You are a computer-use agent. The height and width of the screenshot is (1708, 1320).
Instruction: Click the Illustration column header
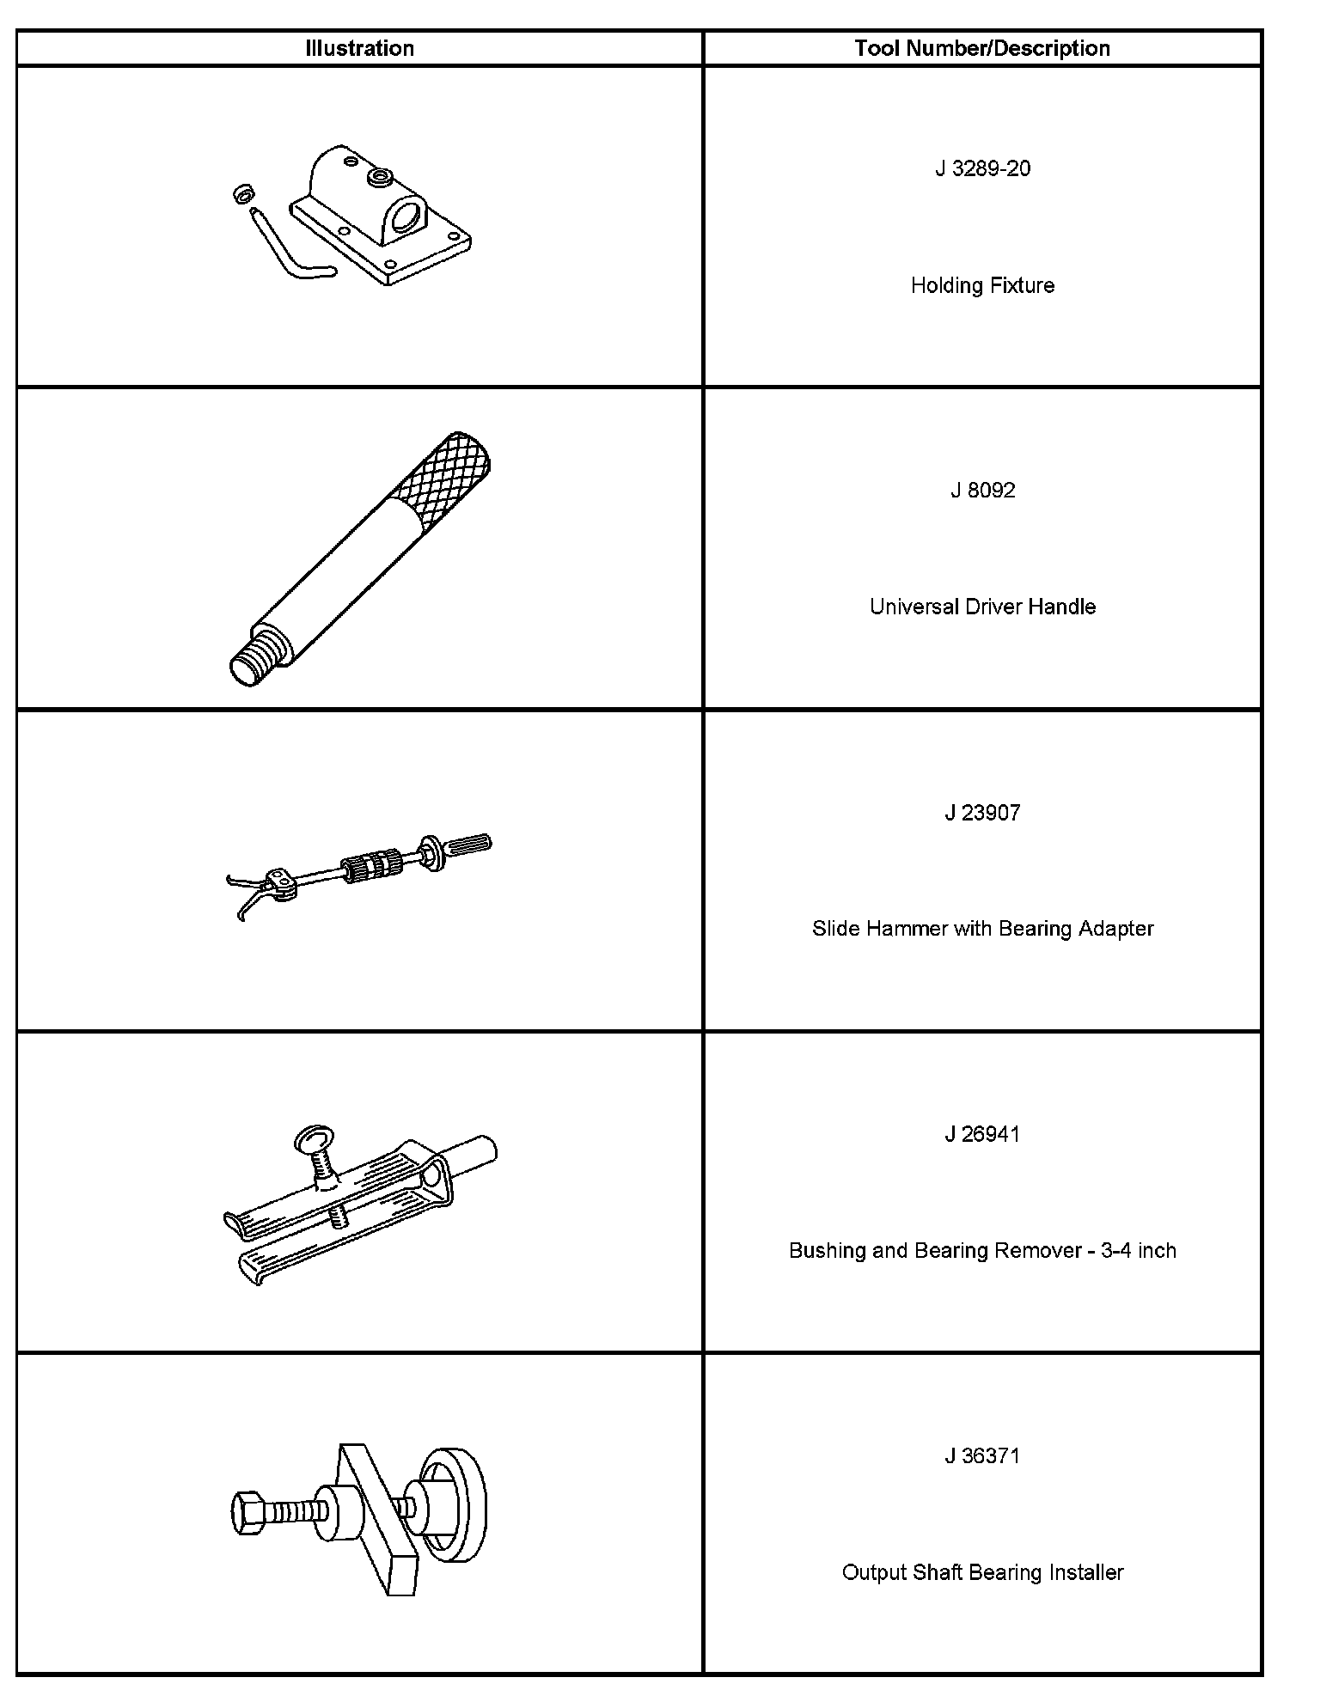coord(359,48)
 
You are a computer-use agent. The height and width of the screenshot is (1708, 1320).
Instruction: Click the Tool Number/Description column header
coord(982,48)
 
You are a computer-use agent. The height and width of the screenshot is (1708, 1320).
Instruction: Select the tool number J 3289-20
coord(982,168)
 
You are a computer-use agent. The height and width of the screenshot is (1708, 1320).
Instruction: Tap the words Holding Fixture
coord(982,285)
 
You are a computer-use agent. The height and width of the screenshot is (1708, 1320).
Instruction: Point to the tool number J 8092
coord(982,491)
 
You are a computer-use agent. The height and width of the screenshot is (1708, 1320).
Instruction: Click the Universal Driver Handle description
coord(982,607)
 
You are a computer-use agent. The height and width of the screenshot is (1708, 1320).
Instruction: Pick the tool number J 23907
coord(982,813)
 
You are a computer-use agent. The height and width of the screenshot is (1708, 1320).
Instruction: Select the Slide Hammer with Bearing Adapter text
coord(982,929)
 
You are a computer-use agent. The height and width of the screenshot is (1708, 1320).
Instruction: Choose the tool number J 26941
coord(982,1134)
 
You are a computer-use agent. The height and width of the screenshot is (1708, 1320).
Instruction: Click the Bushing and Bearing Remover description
coord(982,1250)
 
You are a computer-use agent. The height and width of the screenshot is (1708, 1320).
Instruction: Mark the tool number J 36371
coord(982,1456)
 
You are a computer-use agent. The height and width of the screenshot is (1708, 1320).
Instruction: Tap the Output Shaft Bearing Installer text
coord(982,1572)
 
